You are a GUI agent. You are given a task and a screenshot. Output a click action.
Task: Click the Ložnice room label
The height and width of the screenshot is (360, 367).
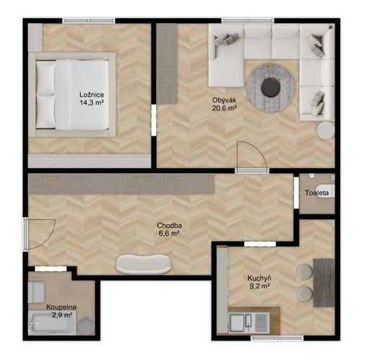pyautogui.click(x=92, y=95)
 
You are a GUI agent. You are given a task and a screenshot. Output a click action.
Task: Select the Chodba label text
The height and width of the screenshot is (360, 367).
pyautogui.click(x=169, y=226)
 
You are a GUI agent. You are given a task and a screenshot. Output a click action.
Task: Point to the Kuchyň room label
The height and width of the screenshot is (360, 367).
pyautogui.click(x=260, y=278)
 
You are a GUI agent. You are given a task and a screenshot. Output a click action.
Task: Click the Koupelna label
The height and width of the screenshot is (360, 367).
pyautogui.click(x=61, y=307)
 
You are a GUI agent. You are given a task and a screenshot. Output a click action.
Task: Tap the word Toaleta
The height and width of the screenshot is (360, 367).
pyautogui.click(x=317, y=193)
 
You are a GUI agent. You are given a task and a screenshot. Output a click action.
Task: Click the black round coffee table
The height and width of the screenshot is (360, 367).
pyautogui.click(x=270, y=88)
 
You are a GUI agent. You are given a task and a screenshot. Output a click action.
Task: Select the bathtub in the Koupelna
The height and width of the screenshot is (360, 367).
pyautogui.click(x=53, y=322)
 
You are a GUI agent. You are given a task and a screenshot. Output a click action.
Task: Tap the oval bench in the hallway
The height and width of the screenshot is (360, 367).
pyautogui.click(x=143, y=264)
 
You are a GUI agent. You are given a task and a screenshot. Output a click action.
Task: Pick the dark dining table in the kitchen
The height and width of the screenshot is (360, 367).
pyautogui.click(x=324, y=283)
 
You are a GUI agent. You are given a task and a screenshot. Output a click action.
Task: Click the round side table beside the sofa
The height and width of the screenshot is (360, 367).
pyautogui.click(x=326, y=130)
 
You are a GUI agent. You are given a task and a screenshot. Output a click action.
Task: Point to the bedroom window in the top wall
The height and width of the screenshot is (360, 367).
pyautogui.click(x=89, y=21)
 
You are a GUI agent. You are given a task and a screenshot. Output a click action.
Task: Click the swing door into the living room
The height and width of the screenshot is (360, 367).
pyautogui.click(x=252, y=157)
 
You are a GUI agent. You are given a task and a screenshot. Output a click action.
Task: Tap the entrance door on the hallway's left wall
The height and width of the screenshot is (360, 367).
pyautogui.click(x=40, y=234)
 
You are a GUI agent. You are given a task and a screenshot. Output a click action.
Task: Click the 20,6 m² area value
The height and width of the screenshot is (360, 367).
pyautogui.click(x=224, y=107)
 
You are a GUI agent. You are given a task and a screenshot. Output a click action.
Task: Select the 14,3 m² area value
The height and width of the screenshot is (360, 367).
pyautogui.click(x=92, y=102)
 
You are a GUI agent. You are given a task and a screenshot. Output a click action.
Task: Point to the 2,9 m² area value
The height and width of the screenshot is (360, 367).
pyautogui.click(x=63, y=315)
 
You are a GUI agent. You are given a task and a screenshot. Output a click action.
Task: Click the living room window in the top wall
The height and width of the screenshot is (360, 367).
pyautogui.click(x=247, y=21)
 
